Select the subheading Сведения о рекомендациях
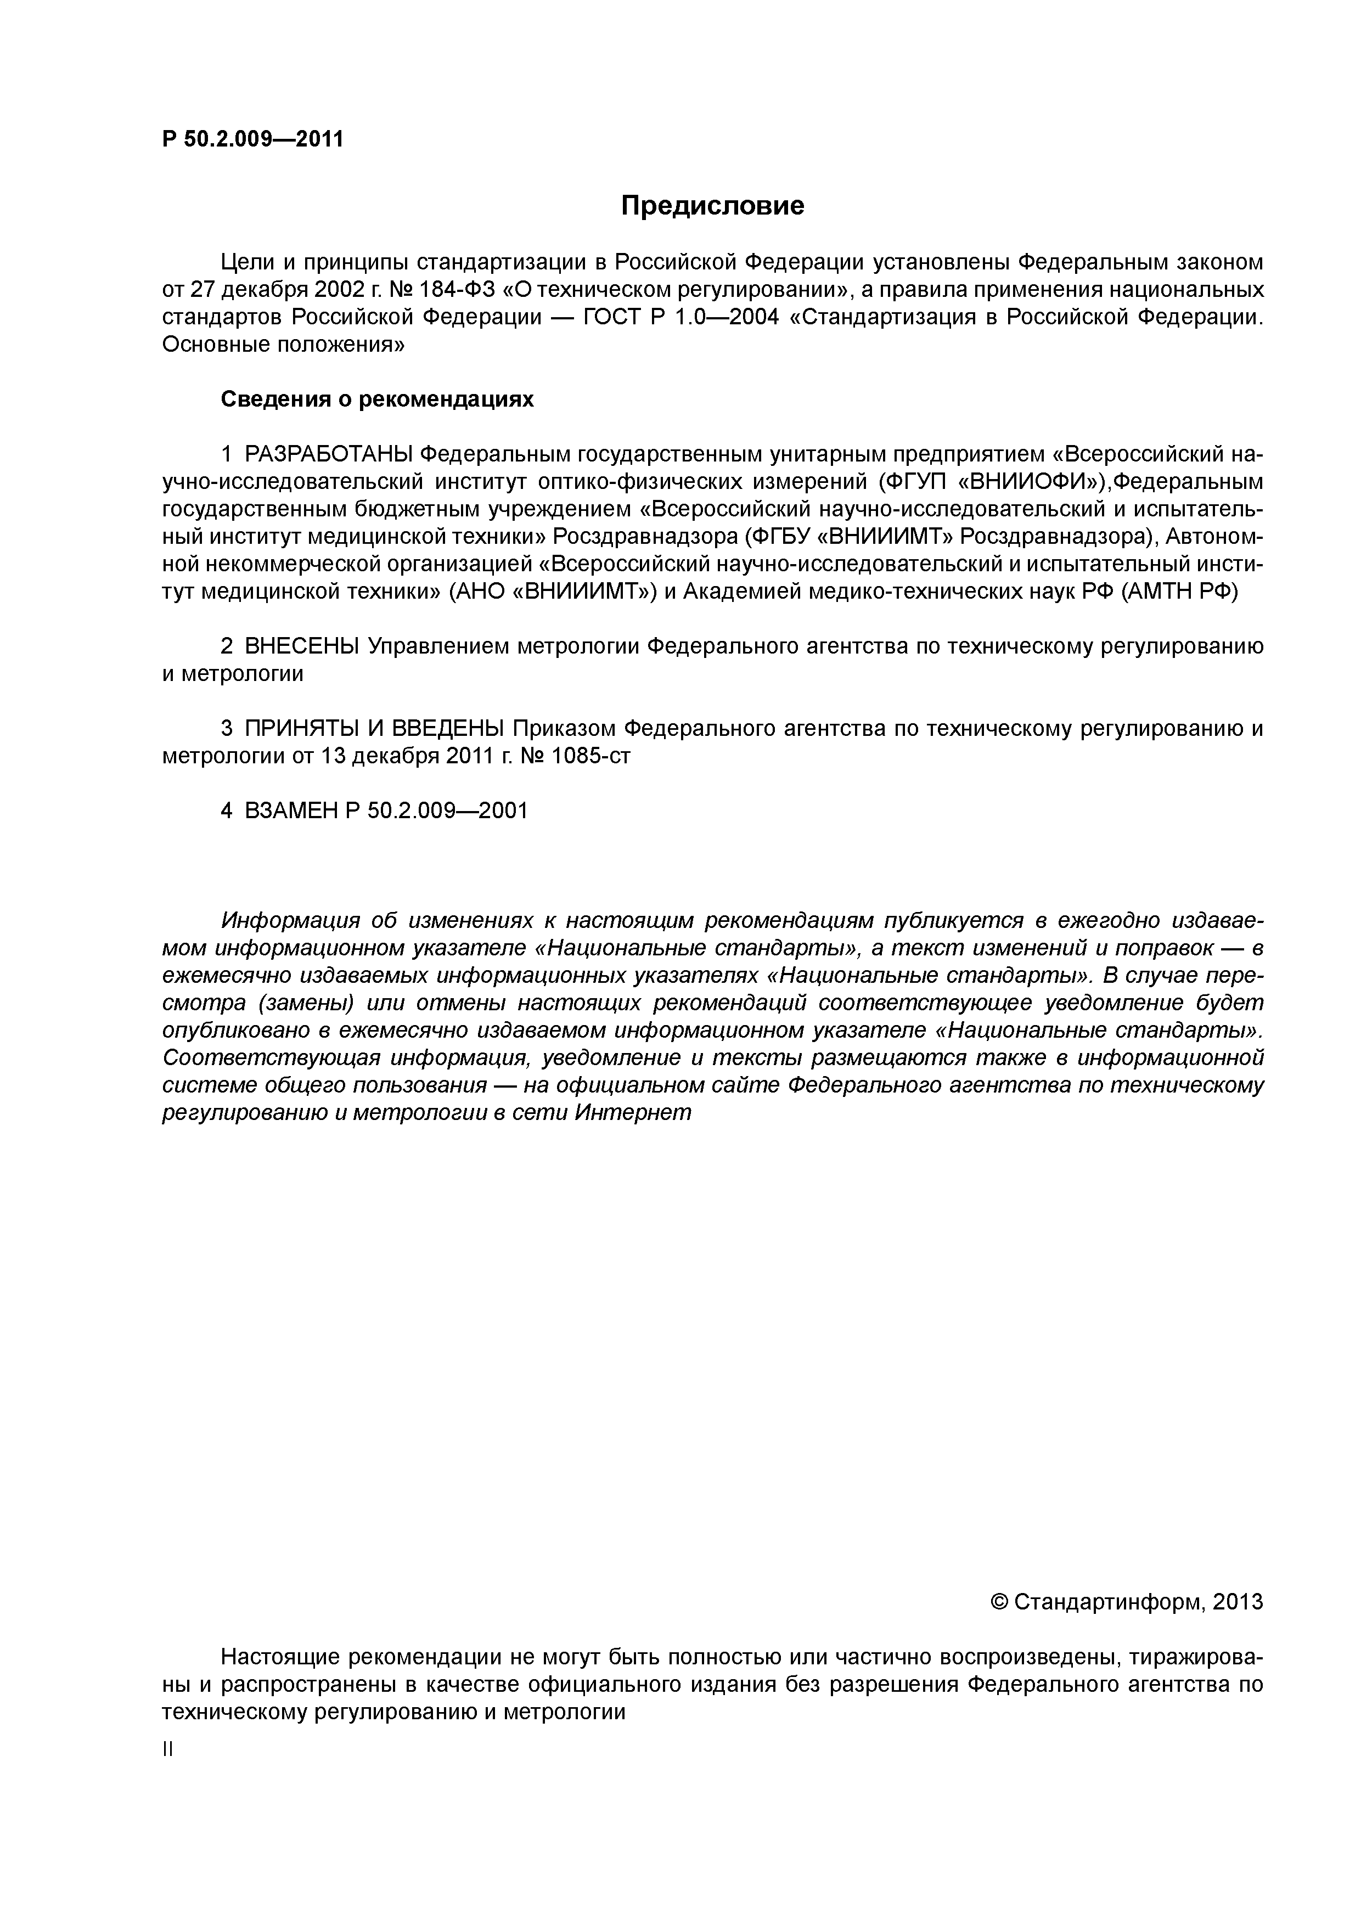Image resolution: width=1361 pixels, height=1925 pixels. click(x=376, y=399)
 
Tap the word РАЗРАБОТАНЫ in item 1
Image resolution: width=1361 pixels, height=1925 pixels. click(x=329, y=454)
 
